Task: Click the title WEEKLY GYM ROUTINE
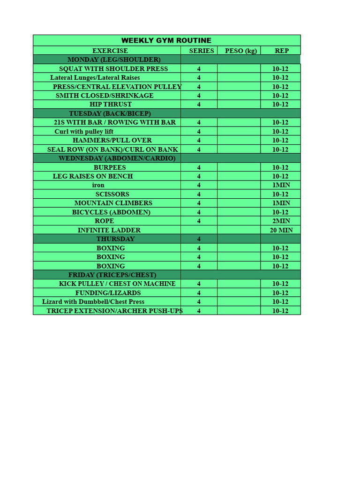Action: tap(166, 41)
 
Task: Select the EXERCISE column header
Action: tap(110, 51)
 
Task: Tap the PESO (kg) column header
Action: tap(241, 51)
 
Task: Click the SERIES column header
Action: tap(202, 51)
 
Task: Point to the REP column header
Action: tap(281, 51)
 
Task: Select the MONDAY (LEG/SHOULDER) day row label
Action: tap(114, 60)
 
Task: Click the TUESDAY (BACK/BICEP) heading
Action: tap(110, 113)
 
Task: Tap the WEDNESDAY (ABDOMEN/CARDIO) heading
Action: tap(117, 158)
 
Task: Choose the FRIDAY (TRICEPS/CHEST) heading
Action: tap(112, 275)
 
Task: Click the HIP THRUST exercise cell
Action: tap(111, 105)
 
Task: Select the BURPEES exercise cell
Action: tap(110, 167)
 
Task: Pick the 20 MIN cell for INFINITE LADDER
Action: tap(281, 230)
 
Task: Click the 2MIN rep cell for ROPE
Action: tap(281, 221)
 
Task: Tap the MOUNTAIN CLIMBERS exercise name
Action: tap(113, 203)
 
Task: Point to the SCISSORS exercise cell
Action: tap(112, 194)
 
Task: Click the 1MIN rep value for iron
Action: tap(281, 185)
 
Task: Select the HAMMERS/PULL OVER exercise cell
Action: tap(112, 140)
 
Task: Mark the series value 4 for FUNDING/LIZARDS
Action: tap(199, 293)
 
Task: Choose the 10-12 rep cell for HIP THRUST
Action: tap(280, 105)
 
